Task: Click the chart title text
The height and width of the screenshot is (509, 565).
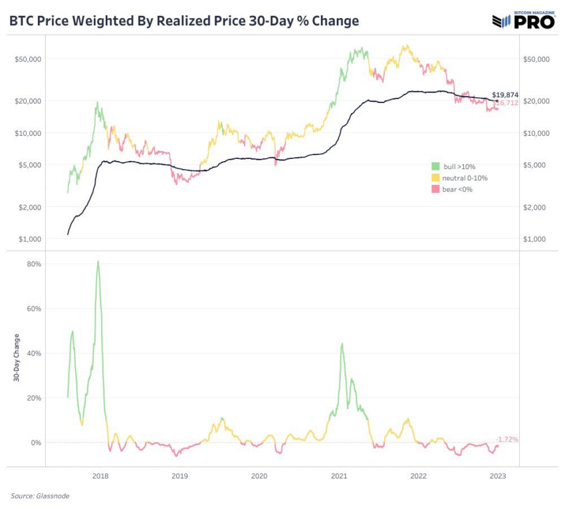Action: point(183,21)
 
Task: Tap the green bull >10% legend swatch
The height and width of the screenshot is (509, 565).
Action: point(435,166)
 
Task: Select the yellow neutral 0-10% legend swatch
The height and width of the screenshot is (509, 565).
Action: point(435,178)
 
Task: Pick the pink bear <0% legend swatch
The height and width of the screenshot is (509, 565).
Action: point(435,190)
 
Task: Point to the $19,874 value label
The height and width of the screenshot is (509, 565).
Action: point(505,95)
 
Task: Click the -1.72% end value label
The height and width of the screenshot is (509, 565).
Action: point(507,440)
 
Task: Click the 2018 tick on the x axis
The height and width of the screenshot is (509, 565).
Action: point(100,476)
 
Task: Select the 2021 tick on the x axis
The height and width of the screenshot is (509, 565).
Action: point(339,476)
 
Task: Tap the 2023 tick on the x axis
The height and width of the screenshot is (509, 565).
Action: point(498,476)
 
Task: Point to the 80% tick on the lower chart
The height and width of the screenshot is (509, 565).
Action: point(34,264)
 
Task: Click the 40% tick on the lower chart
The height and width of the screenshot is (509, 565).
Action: point(34,353)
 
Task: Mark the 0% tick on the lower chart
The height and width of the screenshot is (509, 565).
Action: point(36,442)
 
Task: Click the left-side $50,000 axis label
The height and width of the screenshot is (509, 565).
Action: point(29,59)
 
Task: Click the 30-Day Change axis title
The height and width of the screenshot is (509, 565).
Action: point(15,358)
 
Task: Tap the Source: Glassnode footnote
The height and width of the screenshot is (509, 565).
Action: point(40,496)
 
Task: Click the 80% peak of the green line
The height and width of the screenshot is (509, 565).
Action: point(98,261)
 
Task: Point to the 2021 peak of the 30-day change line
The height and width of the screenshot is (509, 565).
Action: point(342,344)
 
